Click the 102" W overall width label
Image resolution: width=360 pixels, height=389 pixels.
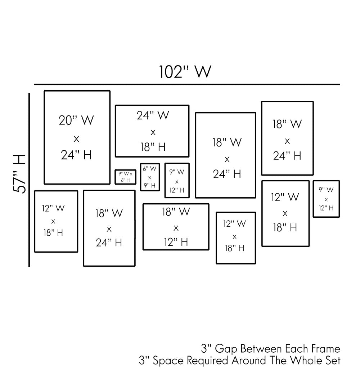[185, 72]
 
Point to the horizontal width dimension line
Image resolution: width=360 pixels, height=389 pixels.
[187, 85]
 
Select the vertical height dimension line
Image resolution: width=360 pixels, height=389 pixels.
[29, 180]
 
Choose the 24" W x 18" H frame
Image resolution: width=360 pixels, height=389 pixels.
[152, 131]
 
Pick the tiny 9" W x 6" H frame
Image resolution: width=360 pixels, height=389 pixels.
[125, 177]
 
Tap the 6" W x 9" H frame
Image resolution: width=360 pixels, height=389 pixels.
[150, 177]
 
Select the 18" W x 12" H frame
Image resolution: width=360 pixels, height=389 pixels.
[176, 227]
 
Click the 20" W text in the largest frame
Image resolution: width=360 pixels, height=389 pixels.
[76, 120]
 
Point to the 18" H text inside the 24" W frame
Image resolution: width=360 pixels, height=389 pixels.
[153, 147]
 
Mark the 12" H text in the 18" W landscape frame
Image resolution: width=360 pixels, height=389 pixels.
[176, 242]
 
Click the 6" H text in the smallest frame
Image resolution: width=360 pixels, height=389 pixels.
[125, 180]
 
